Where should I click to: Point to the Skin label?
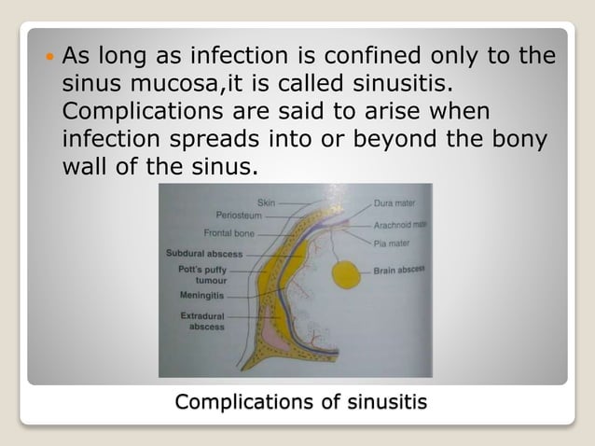coord(267,201)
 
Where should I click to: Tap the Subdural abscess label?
coord(204,253)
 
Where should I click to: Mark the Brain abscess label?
coord(398,270)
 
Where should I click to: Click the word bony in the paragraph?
coord(523,142)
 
